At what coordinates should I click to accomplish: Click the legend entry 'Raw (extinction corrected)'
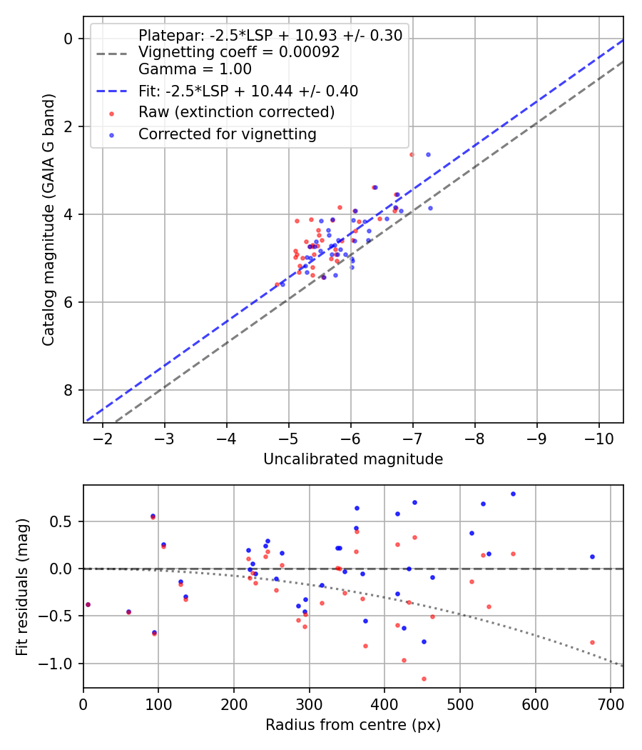pos(236,112)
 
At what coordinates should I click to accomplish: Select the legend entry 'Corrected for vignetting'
pos(228,134)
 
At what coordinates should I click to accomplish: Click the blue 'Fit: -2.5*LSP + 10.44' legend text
pos(248,91)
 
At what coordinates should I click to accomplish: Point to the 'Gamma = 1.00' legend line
pos(195,69)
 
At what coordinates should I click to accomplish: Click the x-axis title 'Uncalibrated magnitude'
pos(353,459)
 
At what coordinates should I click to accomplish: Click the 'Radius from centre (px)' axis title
pos(353,725)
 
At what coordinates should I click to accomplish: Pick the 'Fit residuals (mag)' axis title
pos(23,586)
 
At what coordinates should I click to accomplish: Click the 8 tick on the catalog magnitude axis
pos(69,390)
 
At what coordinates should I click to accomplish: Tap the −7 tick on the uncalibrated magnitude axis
pos(412,437)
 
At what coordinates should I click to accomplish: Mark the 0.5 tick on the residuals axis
pos(64,521)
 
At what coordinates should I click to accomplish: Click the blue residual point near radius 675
pos(592,556)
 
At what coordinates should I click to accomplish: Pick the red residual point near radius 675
pos(592,642)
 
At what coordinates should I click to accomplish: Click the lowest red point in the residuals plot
pos(424,679)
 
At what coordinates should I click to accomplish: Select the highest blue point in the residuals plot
pos(513,494)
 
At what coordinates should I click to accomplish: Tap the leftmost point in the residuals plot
pos(88,604)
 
